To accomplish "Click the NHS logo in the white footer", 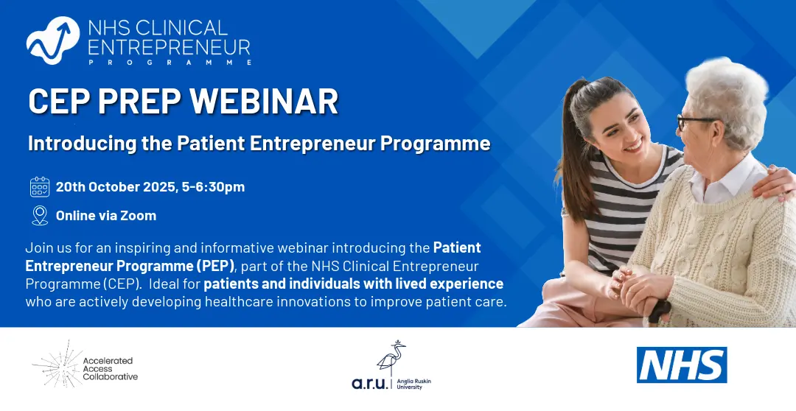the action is (682, 365).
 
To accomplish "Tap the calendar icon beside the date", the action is (40, 187).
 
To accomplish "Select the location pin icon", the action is (40, 216).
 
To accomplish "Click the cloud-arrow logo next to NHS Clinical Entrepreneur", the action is (53, 40).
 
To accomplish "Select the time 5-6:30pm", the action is (213, 187).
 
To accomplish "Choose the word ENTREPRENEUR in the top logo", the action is (169, 47).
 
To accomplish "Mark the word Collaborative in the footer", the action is (110, 377).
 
